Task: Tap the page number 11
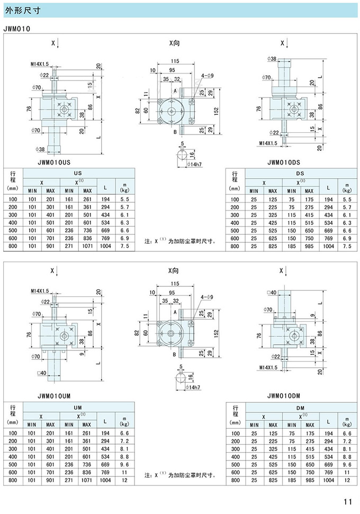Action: tap(347, 502)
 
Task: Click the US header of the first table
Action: tap(77, 173)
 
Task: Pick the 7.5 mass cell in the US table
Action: tap(125, 246)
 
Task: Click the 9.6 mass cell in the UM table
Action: tap(125, 464)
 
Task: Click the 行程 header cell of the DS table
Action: tap(235, 181)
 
